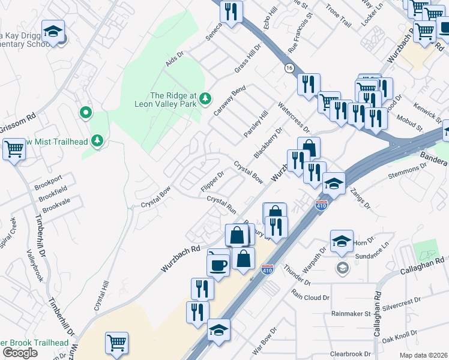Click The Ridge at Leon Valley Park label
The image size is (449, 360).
(174, 99)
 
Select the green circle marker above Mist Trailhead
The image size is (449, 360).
(85, 112)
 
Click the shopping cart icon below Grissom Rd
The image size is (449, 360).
(14, 149)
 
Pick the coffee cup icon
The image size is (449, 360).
(218, 265)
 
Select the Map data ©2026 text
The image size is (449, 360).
(423, 355)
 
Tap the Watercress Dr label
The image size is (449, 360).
(294, 116)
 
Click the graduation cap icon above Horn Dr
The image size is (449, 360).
(342, 241)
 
